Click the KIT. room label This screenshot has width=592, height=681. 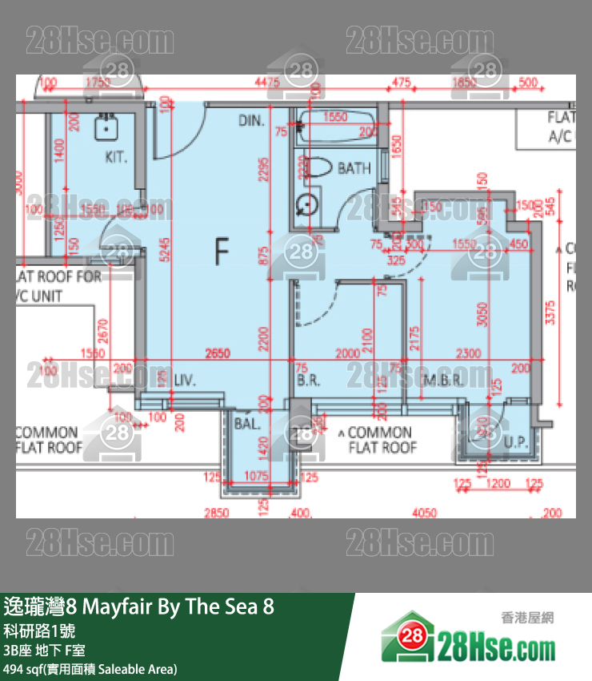[116, 158]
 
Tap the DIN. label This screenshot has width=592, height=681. [250, 121]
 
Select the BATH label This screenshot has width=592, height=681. [354, 168]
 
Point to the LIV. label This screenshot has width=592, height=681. [185, 381]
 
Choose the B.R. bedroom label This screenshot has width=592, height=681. [309, 381]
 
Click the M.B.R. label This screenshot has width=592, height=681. [443, 381]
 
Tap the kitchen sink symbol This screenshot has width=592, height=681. [106, 127]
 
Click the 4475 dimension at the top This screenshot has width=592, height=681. [267, 83]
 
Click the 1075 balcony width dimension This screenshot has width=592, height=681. [257, 477]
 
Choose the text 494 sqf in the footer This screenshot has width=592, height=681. [22, 669]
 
